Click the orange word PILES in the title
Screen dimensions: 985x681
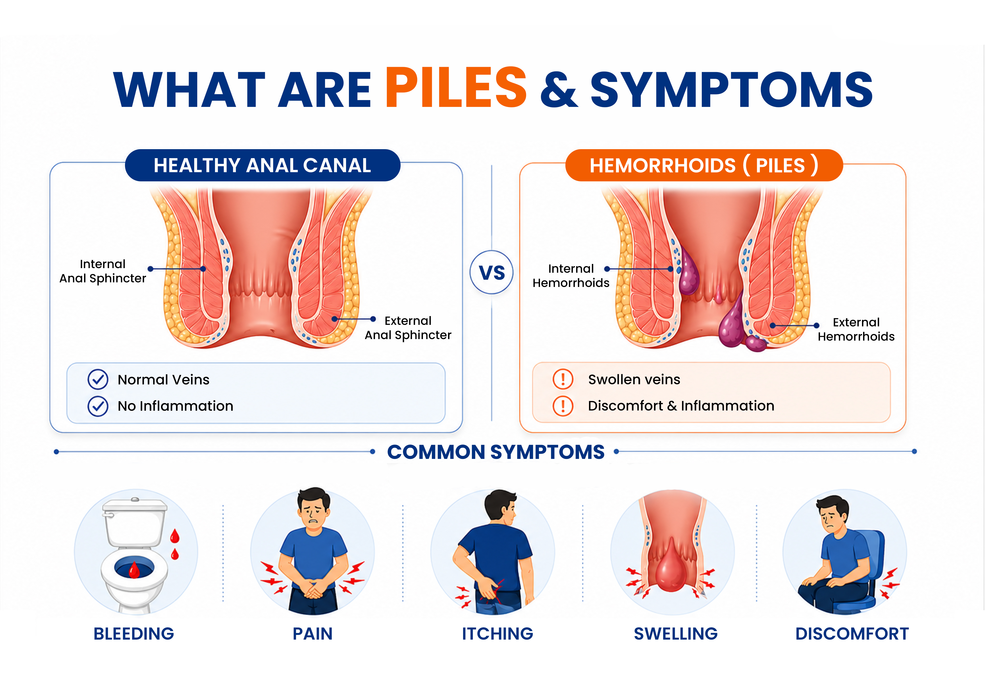point(456,88)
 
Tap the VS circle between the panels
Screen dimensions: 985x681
point(492,272)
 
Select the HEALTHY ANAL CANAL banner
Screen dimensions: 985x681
point(262,165)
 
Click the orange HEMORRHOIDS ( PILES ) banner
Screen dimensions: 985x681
point(704,165)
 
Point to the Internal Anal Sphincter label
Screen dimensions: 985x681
point(102,271)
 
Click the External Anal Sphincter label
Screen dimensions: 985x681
point(408,328)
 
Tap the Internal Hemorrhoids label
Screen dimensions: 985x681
point(571,276)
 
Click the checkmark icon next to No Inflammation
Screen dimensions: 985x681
point(98,406)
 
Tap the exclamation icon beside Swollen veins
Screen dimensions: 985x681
point(563,379)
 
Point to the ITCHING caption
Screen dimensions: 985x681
point(498,634)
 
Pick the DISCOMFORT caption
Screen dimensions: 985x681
point(852,634)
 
